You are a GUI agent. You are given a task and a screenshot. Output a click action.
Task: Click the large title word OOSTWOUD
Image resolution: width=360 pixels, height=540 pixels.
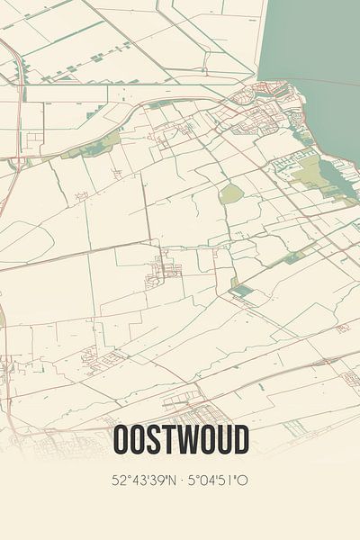click(180, 440)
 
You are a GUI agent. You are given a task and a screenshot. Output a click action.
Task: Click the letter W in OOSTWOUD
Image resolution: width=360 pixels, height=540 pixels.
click(187, 440)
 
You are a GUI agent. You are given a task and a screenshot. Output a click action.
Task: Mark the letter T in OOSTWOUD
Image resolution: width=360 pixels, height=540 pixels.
click(166, 440)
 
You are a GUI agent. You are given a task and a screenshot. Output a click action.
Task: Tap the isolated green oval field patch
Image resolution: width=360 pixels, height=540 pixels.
click(231, 193)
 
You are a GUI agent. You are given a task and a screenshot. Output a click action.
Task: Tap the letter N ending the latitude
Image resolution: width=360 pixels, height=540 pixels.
click(170, 480)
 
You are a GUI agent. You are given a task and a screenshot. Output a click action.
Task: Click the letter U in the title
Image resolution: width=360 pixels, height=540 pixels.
click(222, 440)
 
